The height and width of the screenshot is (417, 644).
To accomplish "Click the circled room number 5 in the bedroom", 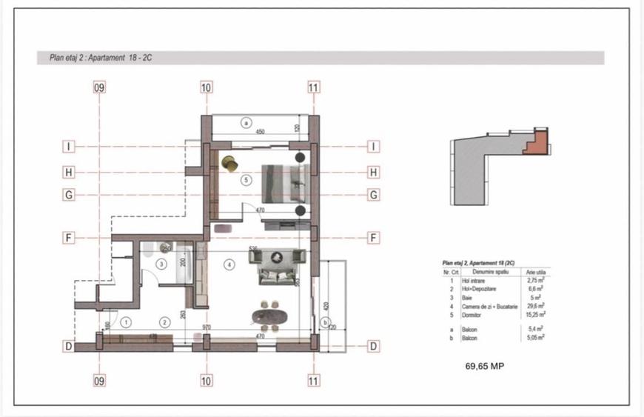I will (246, 180).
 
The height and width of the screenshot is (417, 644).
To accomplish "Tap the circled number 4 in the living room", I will (229, 264).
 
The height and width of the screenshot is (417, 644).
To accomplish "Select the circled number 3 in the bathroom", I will (161, 264).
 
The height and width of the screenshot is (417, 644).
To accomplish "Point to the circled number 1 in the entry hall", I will (127, 321).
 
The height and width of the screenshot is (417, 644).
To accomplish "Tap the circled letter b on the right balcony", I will (325, 321).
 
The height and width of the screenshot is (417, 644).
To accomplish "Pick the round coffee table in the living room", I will (277, 257).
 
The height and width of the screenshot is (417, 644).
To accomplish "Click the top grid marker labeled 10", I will (207, 87).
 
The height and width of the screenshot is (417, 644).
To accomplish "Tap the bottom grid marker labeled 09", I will (99, 381).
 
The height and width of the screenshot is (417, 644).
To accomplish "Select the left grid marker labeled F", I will (68, 238).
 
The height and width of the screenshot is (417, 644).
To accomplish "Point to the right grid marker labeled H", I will (374, 173).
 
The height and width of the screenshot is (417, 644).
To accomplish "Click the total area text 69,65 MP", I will (484, 366).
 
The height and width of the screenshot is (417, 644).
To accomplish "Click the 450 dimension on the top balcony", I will (260, 132).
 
